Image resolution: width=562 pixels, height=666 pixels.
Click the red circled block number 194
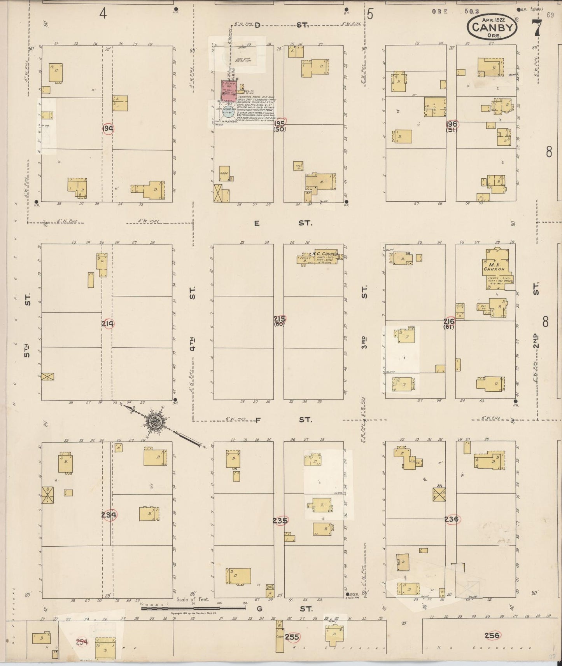[x=108, y=129]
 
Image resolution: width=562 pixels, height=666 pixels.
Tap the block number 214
[x=108, y=323]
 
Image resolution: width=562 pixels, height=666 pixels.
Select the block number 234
[x=109, y=515]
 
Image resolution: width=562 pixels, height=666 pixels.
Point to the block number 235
[x=280, y=520]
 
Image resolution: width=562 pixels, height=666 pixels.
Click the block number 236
[x=451, y=519]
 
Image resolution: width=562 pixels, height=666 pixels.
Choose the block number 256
[x=492, y=635]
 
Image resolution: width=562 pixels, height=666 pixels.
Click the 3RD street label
[x=364, y=343]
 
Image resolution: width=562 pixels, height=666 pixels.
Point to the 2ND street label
[x=536, y=340]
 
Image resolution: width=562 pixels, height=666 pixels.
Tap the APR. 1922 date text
[x=494, y=19]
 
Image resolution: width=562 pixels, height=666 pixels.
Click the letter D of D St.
[x=257, y=25]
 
